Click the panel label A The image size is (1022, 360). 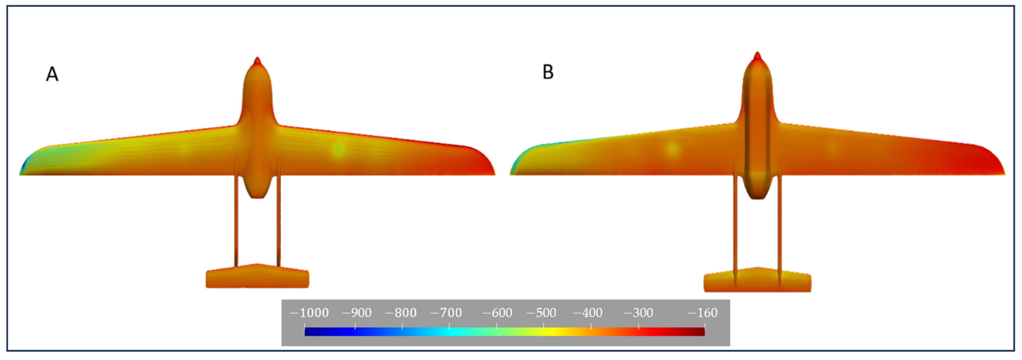[x=52, y=74]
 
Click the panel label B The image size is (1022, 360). [x=548, y=72]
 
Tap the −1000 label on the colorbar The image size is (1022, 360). [x=309, y=313]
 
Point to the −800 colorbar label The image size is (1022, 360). [x=401, y=313]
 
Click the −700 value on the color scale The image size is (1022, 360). [x=446, y=313]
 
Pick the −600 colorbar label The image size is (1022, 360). [x=498, y=313]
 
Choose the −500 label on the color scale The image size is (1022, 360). [x=541, y=313]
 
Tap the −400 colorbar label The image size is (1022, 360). [x=588, y=313]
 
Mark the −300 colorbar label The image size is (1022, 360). [x=638, y=313]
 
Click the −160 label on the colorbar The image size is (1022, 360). [x=703, y=313]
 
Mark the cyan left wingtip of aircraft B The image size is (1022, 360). [x=516, y=166]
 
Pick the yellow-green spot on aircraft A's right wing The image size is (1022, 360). [x=338, y=150]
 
